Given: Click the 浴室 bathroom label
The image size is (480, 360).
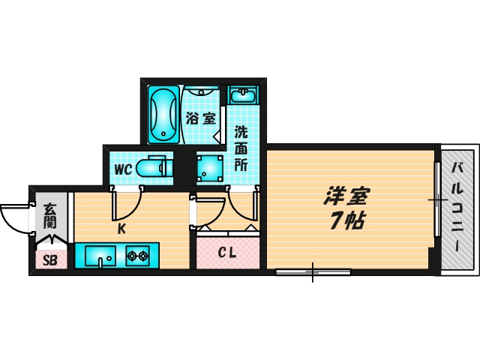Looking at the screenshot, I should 201,118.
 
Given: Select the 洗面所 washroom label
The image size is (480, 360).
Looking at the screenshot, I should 241,148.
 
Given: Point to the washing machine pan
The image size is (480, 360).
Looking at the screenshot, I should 210,168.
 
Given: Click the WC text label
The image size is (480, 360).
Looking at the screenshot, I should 124,169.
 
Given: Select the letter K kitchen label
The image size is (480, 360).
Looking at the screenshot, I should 121,230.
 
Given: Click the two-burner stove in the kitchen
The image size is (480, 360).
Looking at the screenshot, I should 137,256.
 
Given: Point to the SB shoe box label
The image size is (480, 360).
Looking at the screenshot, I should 50,260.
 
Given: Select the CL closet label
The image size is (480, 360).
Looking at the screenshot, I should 227,253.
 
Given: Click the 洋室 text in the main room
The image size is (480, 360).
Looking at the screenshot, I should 346,196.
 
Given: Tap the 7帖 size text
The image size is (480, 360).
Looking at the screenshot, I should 346,221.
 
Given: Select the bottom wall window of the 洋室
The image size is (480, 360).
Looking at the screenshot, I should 313,271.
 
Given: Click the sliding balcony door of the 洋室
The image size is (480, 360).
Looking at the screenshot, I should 437,200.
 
